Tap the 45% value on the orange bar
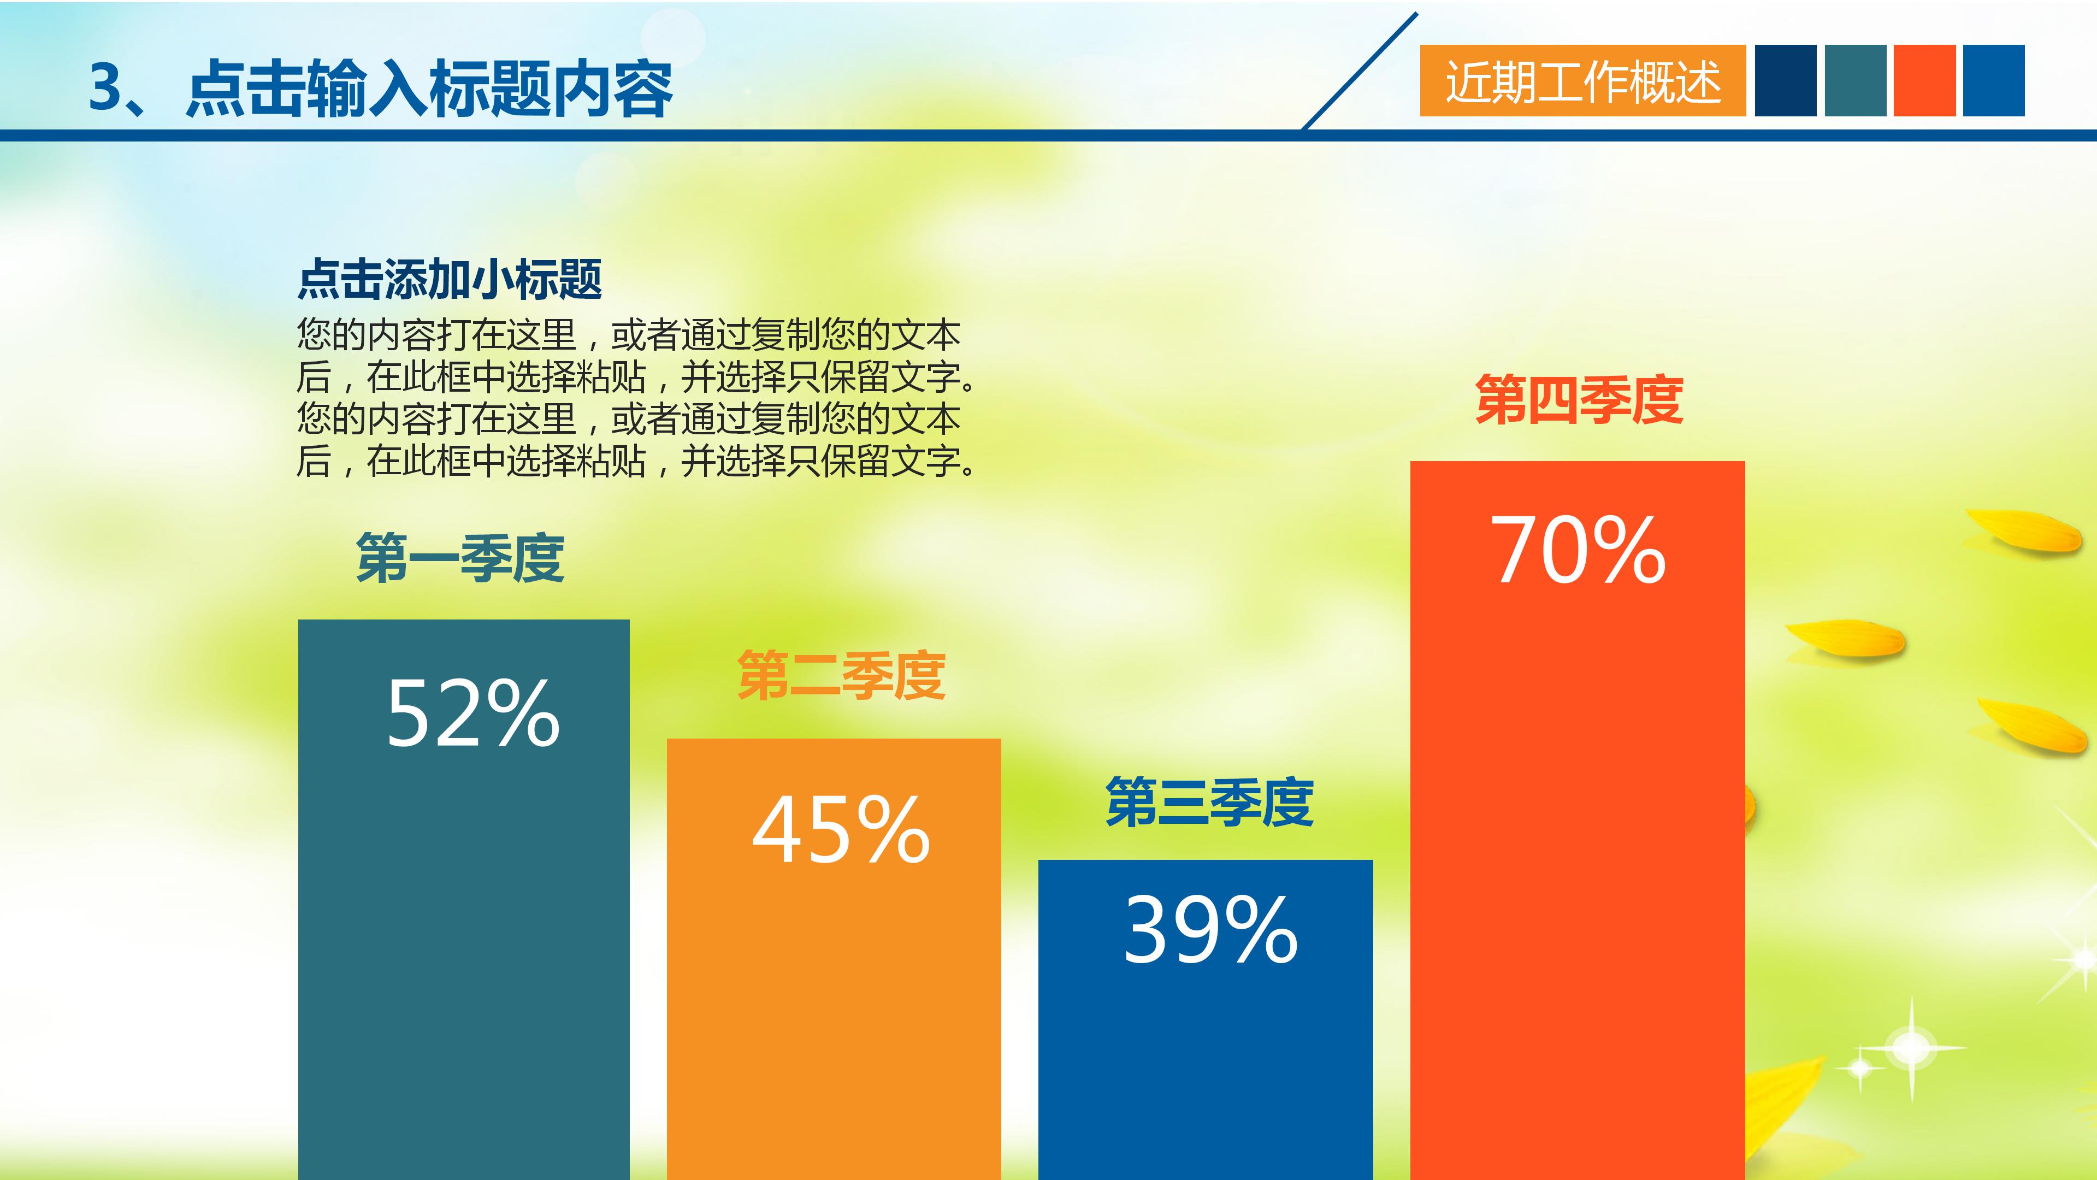841,830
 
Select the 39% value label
1210,930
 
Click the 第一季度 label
460,559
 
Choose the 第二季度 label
841,676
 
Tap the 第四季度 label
1579,400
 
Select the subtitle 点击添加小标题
450,279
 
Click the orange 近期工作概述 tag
1582,81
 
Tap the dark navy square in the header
1785,81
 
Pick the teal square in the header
1855,81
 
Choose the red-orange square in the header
1924,81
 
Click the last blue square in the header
1994,81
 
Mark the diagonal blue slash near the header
1360,71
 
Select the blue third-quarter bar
1206,1059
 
